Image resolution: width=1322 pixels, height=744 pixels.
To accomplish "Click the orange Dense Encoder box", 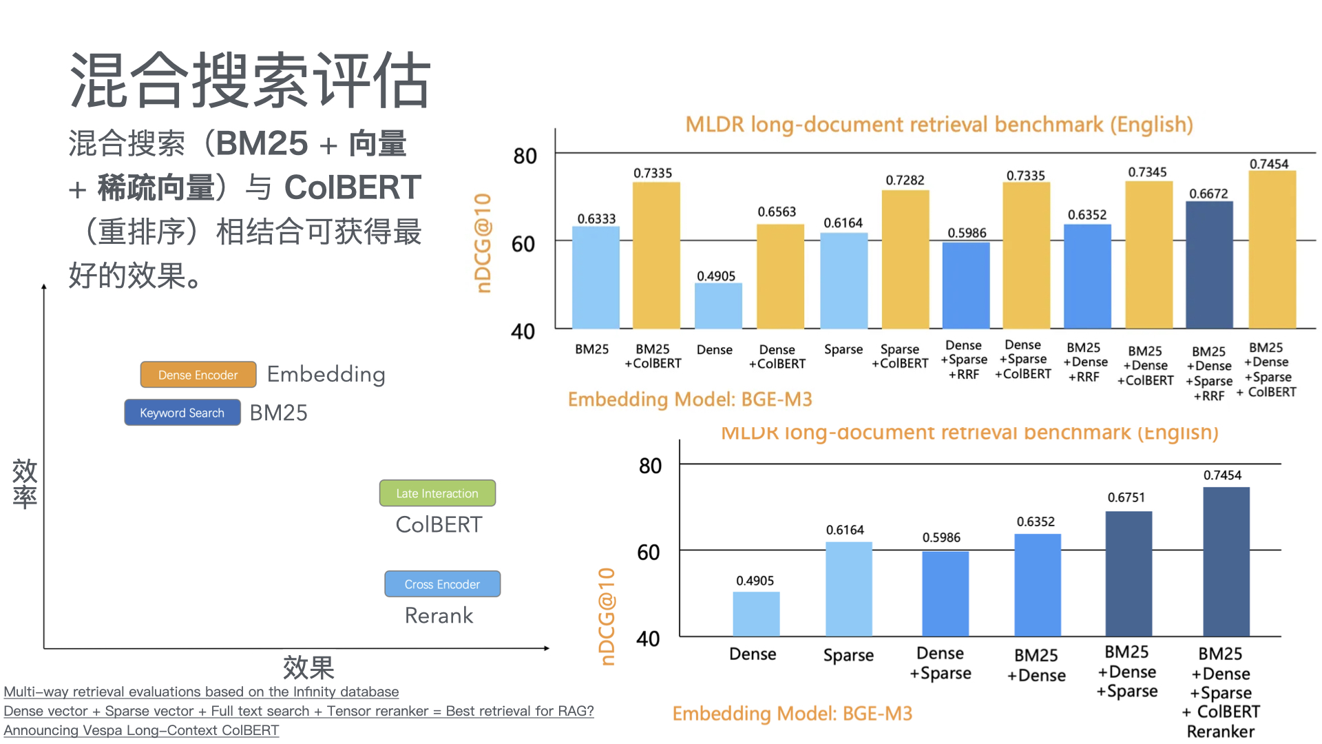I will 198,375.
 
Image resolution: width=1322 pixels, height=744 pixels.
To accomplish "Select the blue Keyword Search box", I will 182,413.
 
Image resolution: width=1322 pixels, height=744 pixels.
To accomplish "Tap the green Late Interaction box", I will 437,493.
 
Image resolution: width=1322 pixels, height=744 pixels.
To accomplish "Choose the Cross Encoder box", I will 442,584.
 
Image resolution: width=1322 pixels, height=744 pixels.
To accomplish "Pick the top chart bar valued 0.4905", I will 718,306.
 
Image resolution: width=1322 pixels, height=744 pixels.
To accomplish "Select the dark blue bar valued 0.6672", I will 1209,265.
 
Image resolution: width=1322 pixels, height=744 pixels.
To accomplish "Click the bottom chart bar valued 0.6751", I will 1129,573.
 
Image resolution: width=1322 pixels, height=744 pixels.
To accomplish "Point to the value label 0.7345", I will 1147,172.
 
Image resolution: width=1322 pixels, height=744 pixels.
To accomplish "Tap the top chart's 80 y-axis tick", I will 525,156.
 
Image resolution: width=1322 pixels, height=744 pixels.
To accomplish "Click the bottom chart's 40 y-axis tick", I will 648,639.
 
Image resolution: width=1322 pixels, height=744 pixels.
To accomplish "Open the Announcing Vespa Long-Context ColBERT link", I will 141,730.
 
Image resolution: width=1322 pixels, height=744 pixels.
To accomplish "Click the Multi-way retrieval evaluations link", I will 201,692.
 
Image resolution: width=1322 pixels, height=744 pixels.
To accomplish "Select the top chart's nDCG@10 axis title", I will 483,243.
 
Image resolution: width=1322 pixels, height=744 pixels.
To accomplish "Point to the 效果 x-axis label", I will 308,668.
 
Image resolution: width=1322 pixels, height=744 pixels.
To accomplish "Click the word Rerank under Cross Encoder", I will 439,615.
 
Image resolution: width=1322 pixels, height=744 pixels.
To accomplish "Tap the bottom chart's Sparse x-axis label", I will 848,655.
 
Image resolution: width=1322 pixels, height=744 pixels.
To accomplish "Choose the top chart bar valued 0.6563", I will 780,276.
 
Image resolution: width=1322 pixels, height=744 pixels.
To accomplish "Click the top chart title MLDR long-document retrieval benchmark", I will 939,125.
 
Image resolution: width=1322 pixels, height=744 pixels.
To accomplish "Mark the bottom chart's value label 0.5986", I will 941,537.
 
